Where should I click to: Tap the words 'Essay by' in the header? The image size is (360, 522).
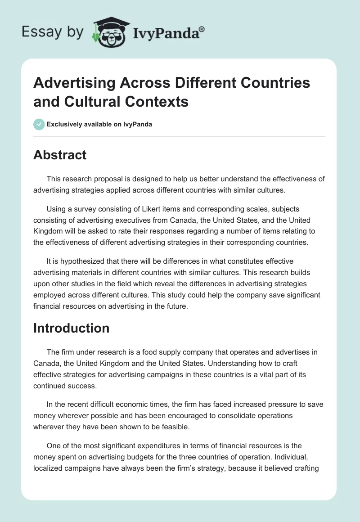pos(52,32)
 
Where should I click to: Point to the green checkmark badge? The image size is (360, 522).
pos(39,124)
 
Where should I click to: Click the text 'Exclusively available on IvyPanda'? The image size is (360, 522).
pos(99,124)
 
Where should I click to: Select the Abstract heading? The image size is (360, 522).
pos(60,155)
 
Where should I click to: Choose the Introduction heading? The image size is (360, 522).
pos(71,328)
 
